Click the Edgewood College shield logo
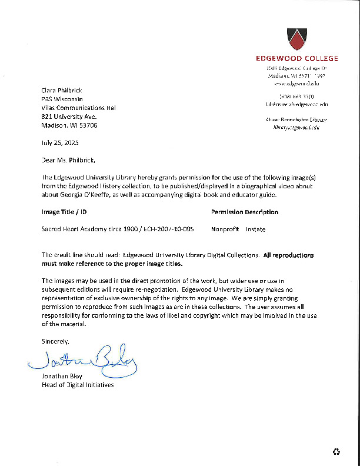296,38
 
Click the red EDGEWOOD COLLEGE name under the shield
296,58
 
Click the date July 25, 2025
60,143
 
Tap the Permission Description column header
244,212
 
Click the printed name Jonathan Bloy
62,377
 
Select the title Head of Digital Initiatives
78,385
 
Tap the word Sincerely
55,341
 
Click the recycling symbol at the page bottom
336,452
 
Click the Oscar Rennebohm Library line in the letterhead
296,119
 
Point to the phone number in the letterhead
297,96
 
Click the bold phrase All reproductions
288,255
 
